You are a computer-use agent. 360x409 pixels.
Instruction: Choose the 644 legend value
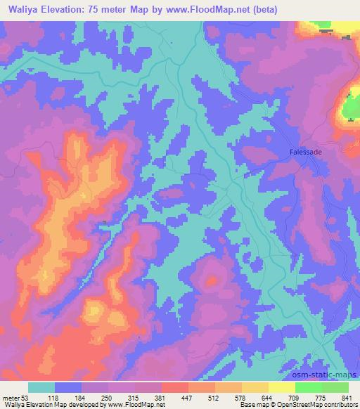click(x=265, y=398)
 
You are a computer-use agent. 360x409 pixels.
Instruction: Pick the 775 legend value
click(x=319, y=398)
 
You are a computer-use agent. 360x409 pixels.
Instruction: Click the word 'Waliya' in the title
click(x=21, y=10)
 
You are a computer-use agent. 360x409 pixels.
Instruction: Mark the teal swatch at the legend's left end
click(x=41, y=387)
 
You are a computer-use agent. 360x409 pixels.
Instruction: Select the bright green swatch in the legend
click(x=308, y=387)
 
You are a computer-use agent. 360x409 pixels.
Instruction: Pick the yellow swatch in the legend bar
click(x=281, y=387)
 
